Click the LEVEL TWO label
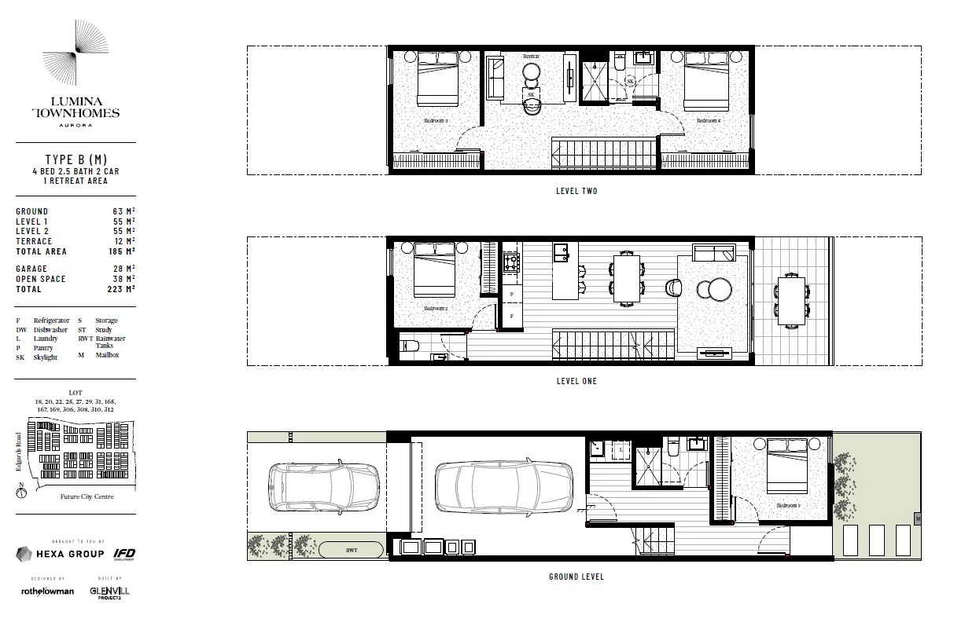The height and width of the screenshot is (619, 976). click(576, 191)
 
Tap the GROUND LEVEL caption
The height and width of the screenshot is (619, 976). click(576, 577)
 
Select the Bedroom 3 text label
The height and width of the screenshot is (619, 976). click(436, 121)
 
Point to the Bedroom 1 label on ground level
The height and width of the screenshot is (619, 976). click(788, 506)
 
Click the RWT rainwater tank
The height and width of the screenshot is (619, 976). click(351, 550)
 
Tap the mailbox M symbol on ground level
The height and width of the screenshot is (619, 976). click(917, 518)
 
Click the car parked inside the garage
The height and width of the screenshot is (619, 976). click(504, 487)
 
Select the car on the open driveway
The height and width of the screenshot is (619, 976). click(323, 487)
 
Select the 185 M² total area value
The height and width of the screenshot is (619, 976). click(123, 251)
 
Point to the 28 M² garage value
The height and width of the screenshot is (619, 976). click(126, 269)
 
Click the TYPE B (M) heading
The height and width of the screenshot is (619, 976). click(76, 159)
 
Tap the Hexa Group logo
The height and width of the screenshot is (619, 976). click(61, 554)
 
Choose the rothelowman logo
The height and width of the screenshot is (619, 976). click(47, 591)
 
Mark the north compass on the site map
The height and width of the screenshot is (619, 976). click(21, 493)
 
